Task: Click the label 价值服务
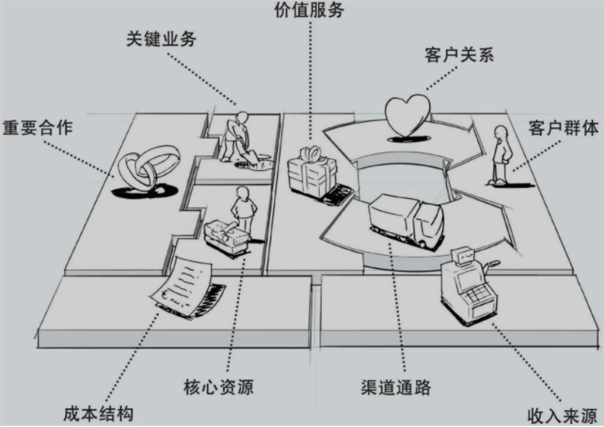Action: [x=309, y=10]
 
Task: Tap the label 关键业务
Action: [x=162, y=39]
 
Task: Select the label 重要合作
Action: [x=38, y=128]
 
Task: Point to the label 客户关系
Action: [x=460, y=55]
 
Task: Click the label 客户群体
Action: [x=564, y=128]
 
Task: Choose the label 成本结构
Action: [x=98, y=414]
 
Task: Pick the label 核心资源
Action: [x=219, y=387]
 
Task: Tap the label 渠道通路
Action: [x=396, y=387]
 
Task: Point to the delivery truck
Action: [x=407, y=220]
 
